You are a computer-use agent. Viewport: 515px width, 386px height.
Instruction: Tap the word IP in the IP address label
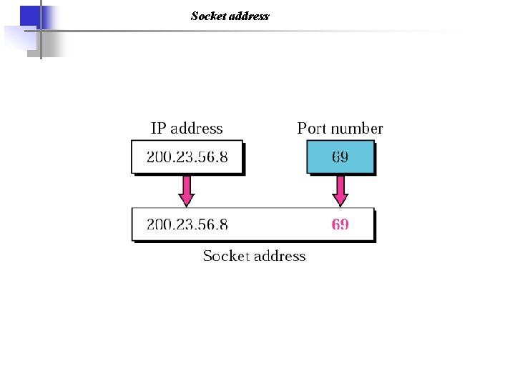(x=159, y=129)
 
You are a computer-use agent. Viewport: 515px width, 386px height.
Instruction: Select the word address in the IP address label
(x=197, y=129)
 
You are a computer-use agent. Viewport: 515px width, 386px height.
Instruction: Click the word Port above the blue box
(x=312, y=129)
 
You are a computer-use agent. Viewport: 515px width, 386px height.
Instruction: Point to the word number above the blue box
(x=356, y=129)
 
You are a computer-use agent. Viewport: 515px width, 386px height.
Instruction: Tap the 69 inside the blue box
(x=340, y=157)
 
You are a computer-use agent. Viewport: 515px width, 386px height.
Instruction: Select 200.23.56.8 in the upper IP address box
(x=187, y=157)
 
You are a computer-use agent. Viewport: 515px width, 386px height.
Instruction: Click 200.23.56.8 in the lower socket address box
(x=187, y=224)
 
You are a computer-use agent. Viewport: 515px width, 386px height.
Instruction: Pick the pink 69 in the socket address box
(x=340, y=224)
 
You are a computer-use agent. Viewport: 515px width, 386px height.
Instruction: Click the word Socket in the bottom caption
(x=225, y=256)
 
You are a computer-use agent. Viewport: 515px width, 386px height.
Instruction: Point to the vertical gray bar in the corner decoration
(x=40, y=32)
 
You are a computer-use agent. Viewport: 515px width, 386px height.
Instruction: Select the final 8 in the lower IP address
(x=224, y=224)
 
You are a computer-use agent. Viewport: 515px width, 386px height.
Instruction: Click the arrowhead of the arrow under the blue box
(x=340, y=199)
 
